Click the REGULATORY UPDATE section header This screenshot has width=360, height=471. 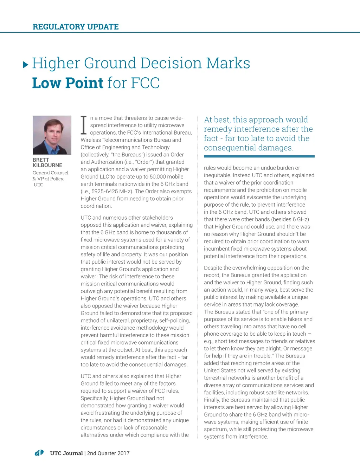(x=76, y=27)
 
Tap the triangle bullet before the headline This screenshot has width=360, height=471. (x=25, y=65)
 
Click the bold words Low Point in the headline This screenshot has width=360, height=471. (x=68, y=83)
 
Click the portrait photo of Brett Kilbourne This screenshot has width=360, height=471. (x=52, y=135)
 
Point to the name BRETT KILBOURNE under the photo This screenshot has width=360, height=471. (x=47, y=162)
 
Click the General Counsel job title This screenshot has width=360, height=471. (x=50, y=173)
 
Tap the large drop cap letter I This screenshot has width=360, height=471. (x=84, y=125)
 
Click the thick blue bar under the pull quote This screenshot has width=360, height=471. (x=259, y=156)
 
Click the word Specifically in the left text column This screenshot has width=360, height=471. (x=94, y=398)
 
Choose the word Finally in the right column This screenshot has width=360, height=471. (x=212, y=400)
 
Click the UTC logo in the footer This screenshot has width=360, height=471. (x=39, y=453)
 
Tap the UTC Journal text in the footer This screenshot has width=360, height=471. (x=66, y=453)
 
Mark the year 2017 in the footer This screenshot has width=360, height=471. (x=123, y=453)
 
